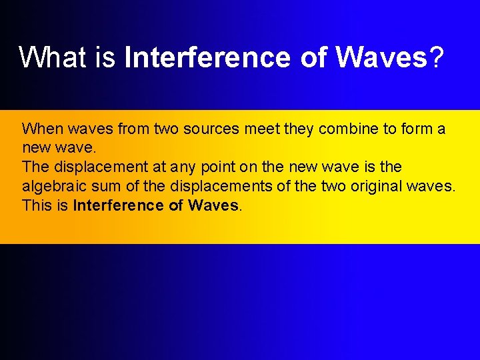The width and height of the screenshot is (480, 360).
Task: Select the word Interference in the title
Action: (x=207, y=58)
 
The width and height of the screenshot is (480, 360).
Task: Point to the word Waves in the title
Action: (x=381, y=58)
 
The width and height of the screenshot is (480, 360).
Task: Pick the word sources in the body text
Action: (x=216, y=129)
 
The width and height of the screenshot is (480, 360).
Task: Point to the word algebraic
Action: (x=53, y=186)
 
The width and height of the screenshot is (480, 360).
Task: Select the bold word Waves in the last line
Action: (x=213, y=205)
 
